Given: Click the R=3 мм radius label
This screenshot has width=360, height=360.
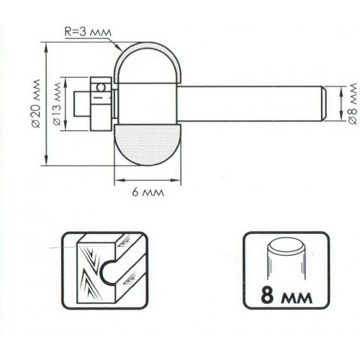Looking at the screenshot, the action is (89, 32).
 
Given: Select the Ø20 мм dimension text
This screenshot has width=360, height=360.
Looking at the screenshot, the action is (36, 104).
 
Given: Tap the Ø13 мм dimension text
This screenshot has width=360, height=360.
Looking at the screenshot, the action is (57, 104).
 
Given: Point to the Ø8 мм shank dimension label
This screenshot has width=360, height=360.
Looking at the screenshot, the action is (353, 103).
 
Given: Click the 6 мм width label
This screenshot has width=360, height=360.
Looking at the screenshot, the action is (148, 192).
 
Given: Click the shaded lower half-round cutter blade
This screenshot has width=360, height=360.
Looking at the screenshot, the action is (148, 145).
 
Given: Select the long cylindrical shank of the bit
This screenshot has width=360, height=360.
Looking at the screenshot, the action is (251, 104).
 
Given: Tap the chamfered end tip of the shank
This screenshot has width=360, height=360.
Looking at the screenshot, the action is (323, 104).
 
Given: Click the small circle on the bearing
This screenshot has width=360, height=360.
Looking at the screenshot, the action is (101, 87).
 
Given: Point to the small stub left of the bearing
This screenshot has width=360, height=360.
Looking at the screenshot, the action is (82, 104).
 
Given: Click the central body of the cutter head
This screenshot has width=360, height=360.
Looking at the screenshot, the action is (147, 104).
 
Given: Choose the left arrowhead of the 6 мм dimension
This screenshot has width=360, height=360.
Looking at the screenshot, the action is (119, 180).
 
